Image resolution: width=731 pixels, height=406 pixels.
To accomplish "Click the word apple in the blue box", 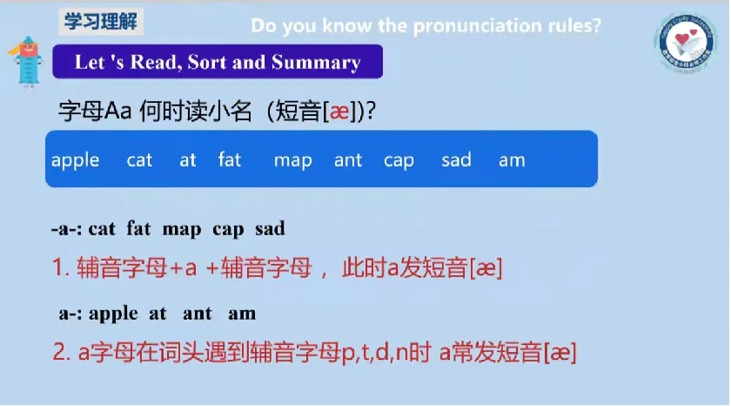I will [x=75, y=160].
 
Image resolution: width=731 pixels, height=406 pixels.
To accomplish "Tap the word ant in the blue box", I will [x=348, y=160].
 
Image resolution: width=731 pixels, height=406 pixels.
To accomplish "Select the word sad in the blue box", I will [x=456, y=159].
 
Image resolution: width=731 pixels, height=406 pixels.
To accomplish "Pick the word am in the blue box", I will [x=512, y=160].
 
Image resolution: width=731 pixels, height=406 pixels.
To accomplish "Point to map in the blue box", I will [x=292, y=161].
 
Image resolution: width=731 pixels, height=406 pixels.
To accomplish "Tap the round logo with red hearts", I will [x=685, y=44].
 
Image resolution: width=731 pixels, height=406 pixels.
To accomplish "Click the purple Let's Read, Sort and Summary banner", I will [x=217, y=63].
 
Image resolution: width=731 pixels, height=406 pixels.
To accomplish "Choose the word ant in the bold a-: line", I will [x=198, y=313].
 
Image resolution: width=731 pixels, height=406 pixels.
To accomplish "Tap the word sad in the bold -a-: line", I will [x=270, y=229].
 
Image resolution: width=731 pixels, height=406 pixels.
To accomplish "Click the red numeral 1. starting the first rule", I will [x=61, y=268].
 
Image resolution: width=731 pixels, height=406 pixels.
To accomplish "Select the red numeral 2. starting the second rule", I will [x=61, y=353].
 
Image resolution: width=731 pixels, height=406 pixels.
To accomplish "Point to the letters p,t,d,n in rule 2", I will [x=376, y=353].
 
